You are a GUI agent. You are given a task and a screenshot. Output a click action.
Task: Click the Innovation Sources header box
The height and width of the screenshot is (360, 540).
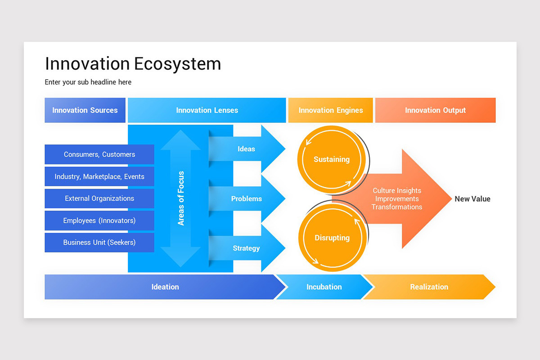(85, 110)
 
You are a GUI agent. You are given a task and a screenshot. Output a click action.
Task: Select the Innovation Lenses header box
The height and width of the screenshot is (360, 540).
(207, 110)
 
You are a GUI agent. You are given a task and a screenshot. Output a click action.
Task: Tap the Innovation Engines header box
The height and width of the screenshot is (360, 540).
(330, 110)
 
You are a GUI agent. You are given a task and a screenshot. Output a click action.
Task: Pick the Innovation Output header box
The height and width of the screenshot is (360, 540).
(435, 110)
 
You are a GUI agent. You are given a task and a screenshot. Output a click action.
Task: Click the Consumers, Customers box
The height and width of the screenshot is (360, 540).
(99, 154)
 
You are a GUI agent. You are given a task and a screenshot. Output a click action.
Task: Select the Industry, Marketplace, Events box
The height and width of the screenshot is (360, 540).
(99, 176)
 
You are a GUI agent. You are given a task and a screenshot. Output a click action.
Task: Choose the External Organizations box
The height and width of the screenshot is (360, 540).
(99, 198)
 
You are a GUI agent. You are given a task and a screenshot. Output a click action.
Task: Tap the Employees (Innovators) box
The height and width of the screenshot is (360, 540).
(99, 220)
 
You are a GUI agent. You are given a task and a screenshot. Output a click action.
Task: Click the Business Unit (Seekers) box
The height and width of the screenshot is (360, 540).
(99, 242)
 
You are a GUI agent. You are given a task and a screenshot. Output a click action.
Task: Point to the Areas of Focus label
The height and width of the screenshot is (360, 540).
(181, 198)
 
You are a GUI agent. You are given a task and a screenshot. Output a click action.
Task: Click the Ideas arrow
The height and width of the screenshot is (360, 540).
(247, 149)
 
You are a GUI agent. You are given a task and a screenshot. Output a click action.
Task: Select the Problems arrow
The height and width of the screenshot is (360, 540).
(247, 198)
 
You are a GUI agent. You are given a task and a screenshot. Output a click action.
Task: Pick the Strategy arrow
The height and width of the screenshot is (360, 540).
(247, 248)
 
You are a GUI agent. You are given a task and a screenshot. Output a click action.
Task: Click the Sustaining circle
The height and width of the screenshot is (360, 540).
(332, 159)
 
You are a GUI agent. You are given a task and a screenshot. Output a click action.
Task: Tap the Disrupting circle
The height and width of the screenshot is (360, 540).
(332, 238)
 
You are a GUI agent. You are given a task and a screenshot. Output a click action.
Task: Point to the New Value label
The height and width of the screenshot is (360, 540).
(472, 199)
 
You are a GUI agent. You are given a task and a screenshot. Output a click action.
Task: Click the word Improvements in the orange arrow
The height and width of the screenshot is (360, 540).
(397, 199)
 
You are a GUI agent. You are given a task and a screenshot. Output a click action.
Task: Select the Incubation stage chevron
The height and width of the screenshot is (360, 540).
(324, 287)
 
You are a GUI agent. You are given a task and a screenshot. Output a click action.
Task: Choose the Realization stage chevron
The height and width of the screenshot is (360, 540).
(429, 287)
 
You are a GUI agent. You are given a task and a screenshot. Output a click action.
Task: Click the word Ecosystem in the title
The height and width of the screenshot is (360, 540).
(178, 64)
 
